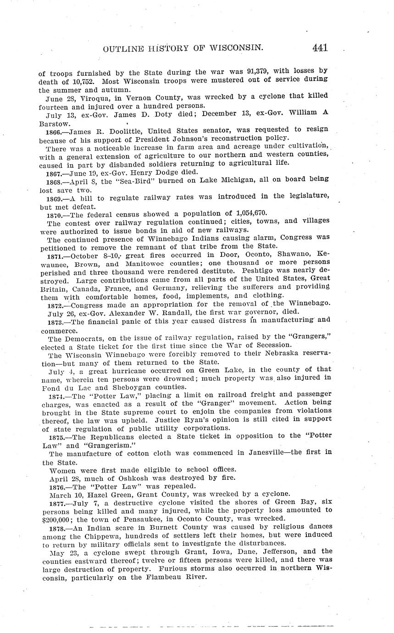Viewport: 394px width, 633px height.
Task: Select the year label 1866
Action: click(54, 130)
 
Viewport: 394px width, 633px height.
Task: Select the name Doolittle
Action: click(118, 130)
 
